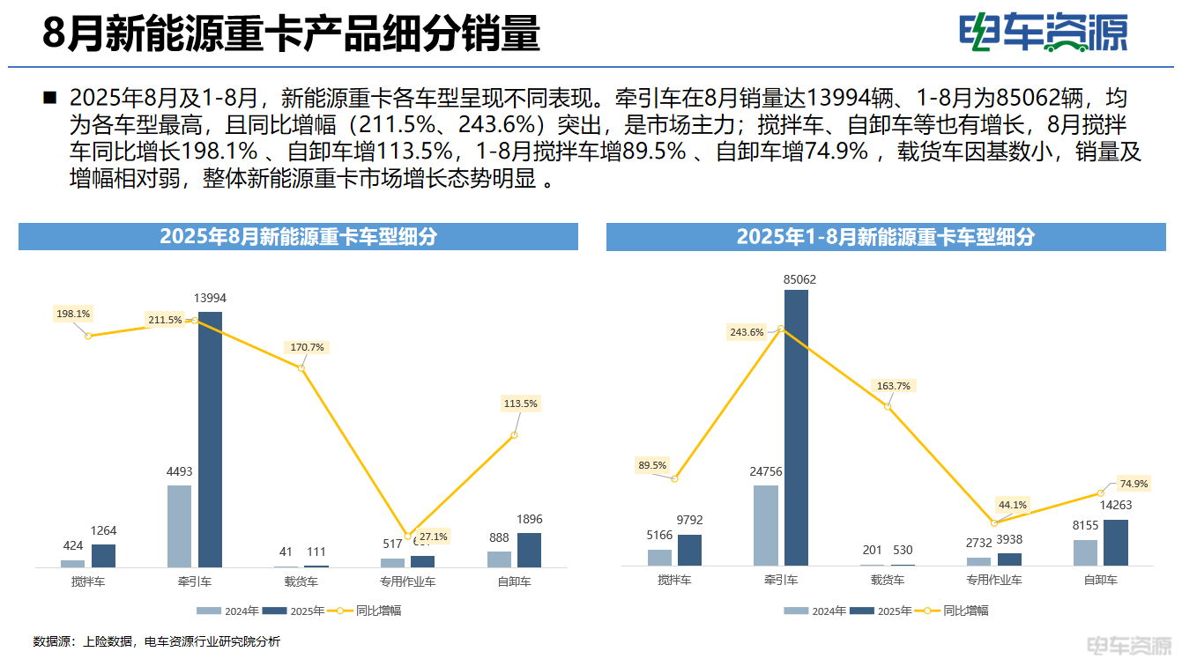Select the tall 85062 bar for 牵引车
(796, 427)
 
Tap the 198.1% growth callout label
(73, 314)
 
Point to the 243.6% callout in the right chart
(747, 332)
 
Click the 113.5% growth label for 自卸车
(520, 404)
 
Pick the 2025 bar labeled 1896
(529, 549)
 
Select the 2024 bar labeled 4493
(179, 525)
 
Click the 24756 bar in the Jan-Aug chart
(766, 525)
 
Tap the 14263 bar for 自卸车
(1115, 542)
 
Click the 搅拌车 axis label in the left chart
(88, 581)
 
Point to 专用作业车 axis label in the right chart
(993, 580)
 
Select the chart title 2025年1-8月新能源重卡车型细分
(885, 237)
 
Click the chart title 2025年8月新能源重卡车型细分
(298, 237)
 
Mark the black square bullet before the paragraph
(49, 97)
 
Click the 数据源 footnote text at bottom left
(156, 641)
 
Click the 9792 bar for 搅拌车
(690, 550)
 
